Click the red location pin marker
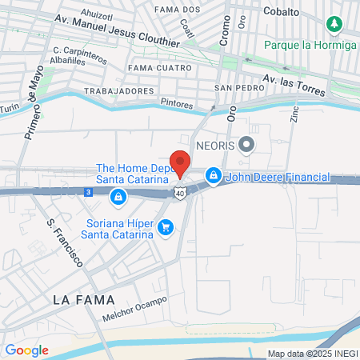[x=180, y=162]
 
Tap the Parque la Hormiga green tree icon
[x=334, y=25]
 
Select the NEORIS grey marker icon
[x=247, y=145]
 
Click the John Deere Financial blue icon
[x=213, y=174]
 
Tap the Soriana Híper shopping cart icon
[x=166, y=228]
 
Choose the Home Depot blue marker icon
[x=118, y=196]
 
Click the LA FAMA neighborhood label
[x=82, y=299]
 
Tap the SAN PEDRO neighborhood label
[x=233, y=87]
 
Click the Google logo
[x=26, y=350]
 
